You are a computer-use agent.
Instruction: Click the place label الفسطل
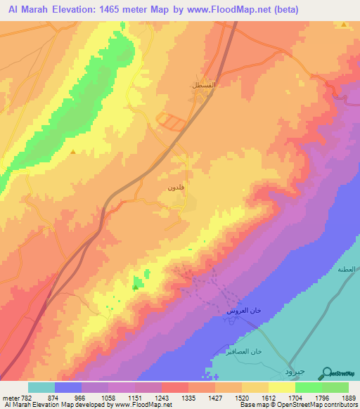[x=204, y=84]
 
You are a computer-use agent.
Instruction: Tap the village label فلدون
[x=176, y=188]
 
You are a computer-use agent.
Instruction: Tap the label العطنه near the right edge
[x=347, y=268]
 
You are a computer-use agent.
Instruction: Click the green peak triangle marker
[x=135, y=286]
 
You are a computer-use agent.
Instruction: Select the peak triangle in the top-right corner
[x=343, y=25]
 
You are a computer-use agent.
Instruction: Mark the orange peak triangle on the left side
[x=73, y=150]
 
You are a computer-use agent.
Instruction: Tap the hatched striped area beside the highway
[x=172, y=122]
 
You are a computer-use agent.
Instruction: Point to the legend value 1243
[x=162, y=397]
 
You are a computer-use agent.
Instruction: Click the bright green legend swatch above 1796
[x=309, y=387]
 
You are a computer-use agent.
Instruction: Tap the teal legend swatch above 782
[x=41, y=387]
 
